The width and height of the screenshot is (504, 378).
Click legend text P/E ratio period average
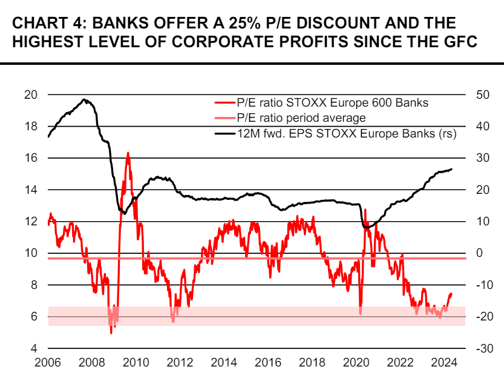(x=301, y=118)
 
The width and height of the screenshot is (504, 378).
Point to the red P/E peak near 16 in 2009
(x=128, y=154)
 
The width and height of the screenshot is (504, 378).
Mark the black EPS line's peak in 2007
(x=85, y=100)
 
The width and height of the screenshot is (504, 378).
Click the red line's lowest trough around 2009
(x=111, y=332)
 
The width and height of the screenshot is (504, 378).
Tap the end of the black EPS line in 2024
(x=451, y=169)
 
